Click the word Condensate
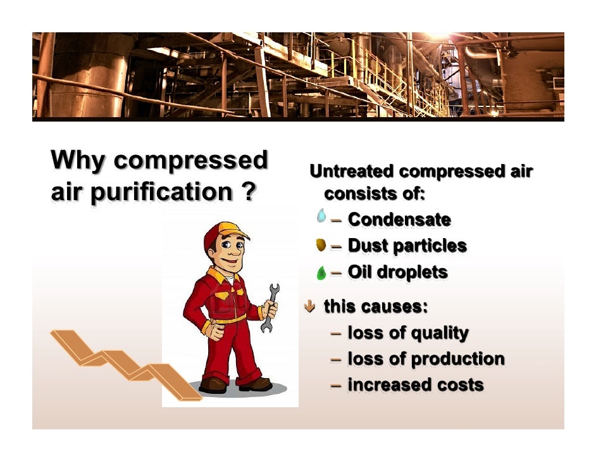(x=399, y=220)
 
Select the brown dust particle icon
(x=321, y=245)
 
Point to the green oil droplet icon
(x=321, y=273)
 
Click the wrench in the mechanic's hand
(x=270, y=308)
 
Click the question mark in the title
(x=248, y=192)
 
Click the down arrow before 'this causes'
(x=310, y=307)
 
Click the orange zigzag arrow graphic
(x=120, y=364)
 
